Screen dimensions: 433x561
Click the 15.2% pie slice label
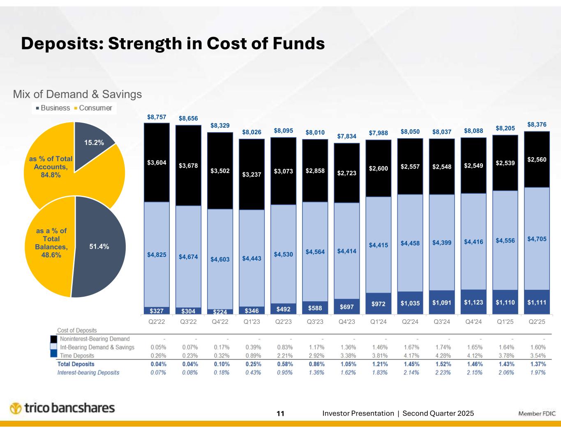coord(94,142)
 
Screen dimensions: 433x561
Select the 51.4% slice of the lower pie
coord(99,246)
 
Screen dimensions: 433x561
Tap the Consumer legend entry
coord(95,108)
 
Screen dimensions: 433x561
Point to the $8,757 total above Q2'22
coord(157,117)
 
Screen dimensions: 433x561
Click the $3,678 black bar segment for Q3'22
coord(188,166)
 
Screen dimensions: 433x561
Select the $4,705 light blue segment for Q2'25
coord(537,238)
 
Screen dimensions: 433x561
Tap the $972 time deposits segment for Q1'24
coord(378,304)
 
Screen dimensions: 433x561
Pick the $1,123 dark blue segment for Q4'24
coord(473,302)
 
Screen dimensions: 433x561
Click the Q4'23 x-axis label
coord(346,322)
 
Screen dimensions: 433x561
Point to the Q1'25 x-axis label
coord(505,322)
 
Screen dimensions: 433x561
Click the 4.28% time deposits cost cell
coord(442,356)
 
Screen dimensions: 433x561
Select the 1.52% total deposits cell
coord(442,364)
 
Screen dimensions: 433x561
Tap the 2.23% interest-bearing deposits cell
coord(442,373)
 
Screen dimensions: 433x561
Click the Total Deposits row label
coord(76,364)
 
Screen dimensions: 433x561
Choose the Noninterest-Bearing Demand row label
coord(95,339)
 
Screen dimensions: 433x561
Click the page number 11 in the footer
coord(280,414)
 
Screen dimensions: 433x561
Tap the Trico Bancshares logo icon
coord(16,409)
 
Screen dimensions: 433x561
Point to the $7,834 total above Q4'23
coord(346,136)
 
